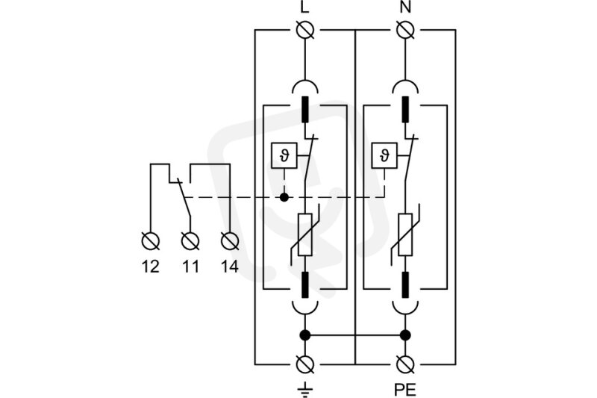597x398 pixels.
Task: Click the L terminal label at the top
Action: pyautogui.click(x=304, y=7)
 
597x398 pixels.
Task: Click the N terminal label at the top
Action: pyautogui.click(x=406, y=7)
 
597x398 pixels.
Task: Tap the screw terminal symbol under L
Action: pyautogui.click(x=305, y=30)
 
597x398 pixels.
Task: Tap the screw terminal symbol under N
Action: pyautogui.click(x=405, y=30)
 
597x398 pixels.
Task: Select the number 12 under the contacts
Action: pyautogui.click(x=151, y=267)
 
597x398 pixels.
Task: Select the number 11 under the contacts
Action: pyautogui.click(x=190, y=267)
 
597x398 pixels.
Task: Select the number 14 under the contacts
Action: pyautogui.click(x=230, y=267)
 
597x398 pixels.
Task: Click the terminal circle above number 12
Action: pyautogui.click(x=151, y=241)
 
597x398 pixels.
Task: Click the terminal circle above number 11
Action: pyautogui.click(x=190, y=241)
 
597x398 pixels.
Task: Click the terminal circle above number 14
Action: pyautogui.click(x=230, y=241)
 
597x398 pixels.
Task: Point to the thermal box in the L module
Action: pyautogui.click(x=284, y=156)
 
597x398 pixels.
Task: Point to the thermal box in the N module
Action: pyautogui.click(x=384, y=156)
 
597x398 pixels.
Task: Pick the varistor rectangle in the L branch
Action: pyautogui.click(x=305, y=234)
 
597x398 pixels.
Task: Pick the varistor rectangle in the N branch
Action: pyautogui.click(x=405, y=234)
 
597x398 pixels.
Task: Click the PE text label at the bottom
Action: pyautogui.click(x=405, y=390)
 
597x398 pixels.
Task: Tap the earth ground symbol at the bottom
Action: pyautogui.click(x=305, y=390)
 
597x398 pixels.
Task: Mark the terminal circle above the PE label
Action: pyautogui.click(x=405, y=364)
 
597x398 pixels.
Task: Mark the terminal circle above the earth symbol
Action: pyautogui.click(x=305, y=364)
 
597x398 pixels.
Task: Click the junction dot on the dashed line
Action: pyautogui.click(x=284, y=197)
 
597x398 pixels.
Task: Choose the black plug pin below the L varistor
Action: pyautogui.click(x=305, y=285)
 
